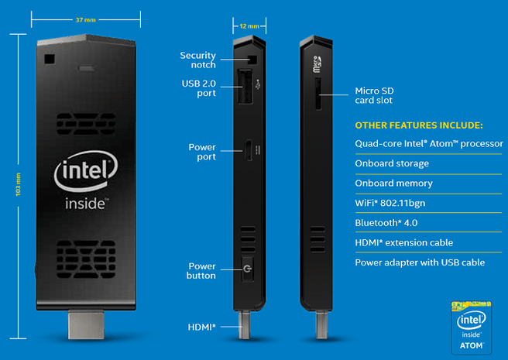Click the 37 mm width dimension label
tap(85, 20)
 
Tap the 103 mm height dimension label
tap(18, 184)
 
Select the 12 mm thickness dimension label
tap(249, 26)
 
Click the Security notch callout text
tap(197, 60)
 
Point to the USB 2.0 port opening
tap(245, 87)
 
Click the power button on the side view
tap(248, 269)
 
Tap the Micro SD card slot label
tap(374, 95)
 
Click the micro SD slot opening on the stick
tap(318, 94)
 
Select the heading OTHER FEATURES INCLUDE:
tap(419, 125)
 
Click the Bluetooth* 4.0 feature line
tap(386, 223)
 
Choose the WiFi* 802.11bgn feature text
tap(390, 203)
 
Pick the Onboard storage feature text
tap(392, 163)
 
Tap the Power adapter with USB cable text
tap(420, 262)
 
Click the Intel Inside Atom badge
tap(472, 327)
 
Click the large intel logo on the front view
tap(86, 171)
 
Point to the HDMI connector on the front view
tap(86, 324)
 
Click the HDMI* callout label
tap(201, 327)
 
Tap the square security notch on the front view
tap(50, 59)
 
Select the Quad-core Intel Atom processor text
tap(429, 143)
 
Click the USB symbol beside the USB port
tap(258, 84)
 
